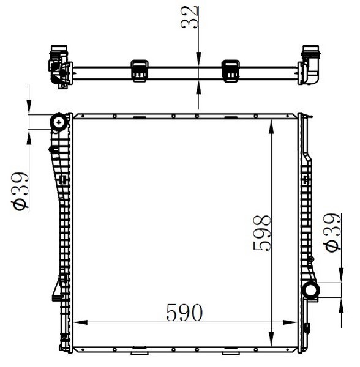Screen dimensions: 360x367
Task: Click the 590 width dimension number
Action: tap(184, 312)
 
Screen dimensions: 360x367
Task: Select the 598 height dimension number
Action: tap(262, 233)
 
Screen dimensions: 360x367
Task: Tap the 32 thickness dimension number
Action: tap(189, 17)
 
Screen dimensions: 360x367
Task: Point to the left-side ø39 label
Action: tap(20, 190)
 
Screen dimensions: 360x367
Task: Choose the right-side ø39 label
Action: tap(332, 232)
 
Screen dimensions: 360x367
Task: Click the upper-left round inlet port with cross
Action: tap(59, 122)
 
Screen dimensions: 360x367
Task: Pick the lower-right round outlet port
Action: tap(311, 290)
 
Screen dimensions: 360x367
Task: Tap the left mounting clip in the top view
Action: tap(140, 71)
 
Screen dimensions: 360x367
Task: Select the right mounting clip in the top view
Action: tap(230, 71)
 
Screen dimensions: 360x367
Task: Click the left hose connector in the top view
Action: tap(60, 67)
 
